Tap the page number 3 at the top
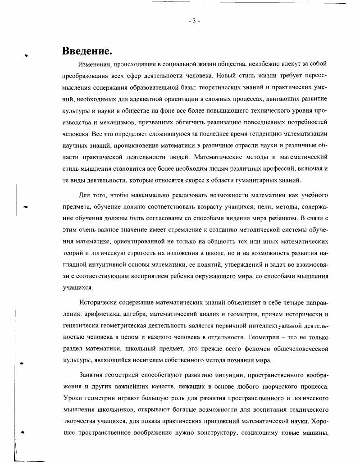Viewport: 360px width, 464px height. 194,21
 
